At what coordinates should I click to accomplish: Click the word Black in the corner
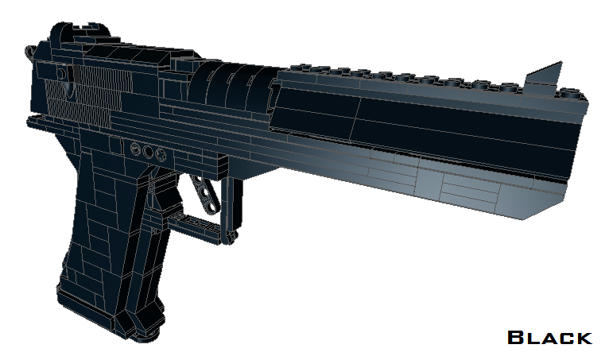[x=549, y=338]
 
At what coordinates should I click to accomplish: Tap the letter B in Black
[x=516, y=338]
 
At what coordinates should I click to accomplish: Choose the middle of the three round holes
[x=148, y=151]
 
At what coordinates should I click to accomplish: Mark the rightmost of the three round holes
[x=160, y=153]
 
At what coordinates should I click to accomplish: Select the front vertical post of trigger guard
[x=231, y=207]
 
